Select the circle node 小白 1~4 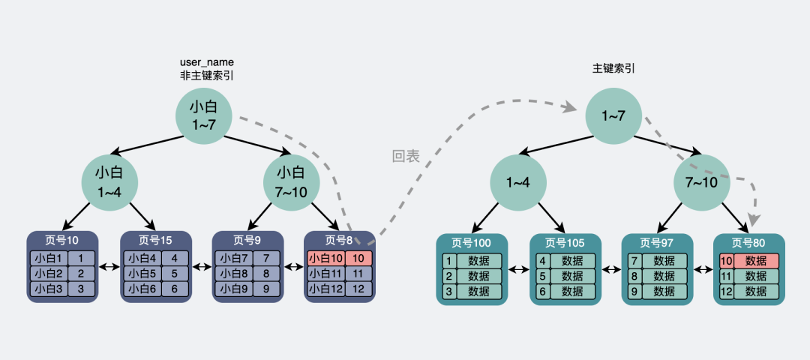pos(109,182)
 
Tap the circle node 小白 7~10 pos(291,182)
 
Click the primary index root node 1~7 pos(613,115)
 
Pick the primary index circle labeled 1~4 pos(518,182)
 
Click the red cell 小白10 pos(326,258)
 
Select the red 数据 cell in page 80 pos(756,261)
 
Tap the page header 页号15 pos(155,240)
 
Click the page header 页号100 pos(471,243)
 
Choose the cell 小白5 pos(142,273)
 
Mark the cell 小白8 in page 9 pos(235,273)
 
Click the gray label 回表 pos(406,157)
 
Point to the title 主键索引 pos(613,68)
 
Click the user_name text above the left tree pos(207,63)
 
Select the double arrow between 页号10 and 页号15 pos(109,267)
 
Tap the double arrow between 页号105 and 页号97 pos(611,269)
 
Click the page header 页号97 pos(656,243)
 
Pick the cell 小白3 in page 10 pos(49,288)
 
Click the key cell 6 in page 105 pos(542,291)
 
